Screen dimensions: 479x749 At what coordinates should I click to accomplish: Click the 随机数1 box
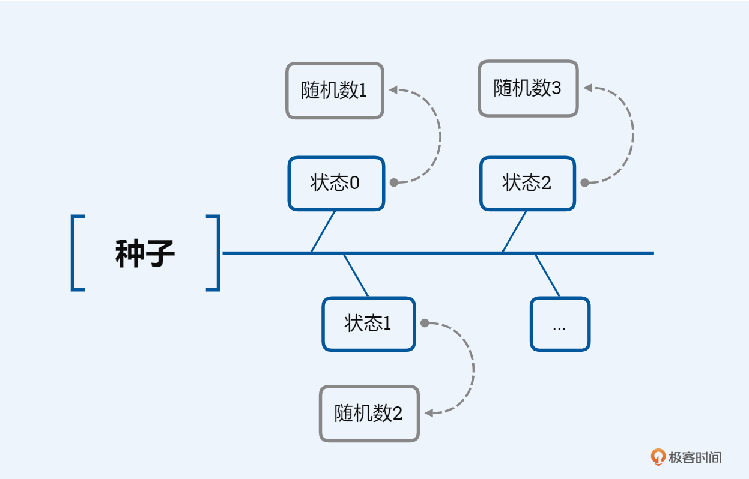pyautogui.click(x=335, y=91)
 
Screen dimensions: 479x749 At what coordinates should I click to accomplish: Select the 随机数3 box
pyautogui.click(x=528, y=88)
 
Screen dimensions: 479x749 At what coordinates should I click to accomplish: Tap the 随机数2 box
pyautogui.click(x=369, y=414)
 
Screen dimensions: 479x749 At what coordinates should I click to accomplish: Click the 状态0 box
pyautogui.click(x=336, y=183)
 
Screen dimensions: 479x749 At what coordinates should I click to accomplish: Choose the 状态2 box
pyautogui.click(x=527, y=183)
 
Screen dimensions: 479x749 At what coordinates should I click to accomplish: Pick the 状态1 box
pyautogui.click(x=368, y=324)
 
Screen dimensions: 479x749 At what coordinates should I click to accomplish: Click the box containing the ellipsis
pyautogui.click(x=560, y=324)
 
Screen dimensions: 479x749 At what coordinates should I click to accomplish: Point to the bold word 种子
pyautogui.click(x=145, y=253)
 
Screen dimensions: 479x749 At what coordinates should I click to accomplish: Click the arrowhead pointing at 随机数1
pyautogui.click(x=393, y=90)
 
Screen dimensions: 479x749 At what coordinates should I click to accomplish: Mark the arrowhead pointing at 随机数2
pyautogui.click(x=429, y=413)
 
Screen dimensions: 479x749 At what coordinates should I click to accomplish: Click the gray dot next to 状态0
pyautogui.click(x=394, y=182)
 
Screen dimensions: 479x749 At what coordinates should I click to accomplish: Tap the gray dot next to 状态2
pyautogui.click(x=584, y=182)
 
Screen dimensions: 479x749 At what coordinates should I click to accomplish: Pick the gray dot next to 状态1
pyautogui.click(x=425, y=323)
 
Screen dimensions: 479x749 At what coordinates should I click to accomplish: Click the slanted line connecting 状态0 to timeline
pyautogui.click(x=323, y=232)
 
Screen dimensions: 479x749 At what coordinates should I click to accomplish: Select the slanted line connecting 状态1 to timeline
pyautogui.click(x=356, y=275)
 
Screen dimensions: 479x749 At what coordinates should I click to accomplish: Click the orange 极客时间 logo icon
pyautogui.click(x=658, y=457)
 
